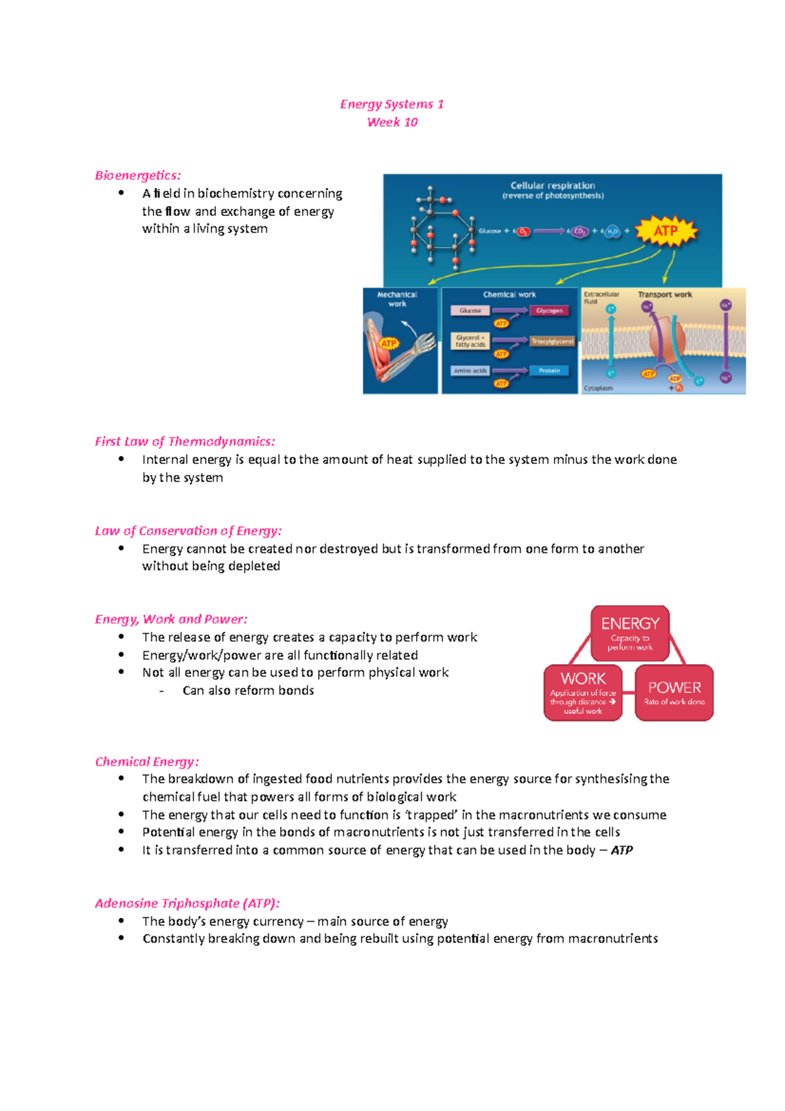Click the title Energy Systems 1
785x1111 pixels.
coord(392,104)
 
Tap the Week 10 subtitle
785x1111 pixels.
coord(392,122)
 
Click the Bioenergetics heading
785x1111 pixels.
coord(137,175)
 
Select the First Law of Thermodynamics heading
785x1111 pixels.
coord(184,442)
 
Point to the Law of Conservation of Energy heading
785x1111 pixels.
coord(188,531)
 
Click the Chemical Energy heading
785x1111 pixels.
coord(147,762)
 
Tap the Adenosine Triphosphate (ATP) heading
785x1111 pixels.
coord(187,904)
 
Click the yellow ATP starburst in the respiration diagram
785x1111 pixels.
coord(666,231)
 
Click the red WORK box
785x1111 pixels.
coord(583,693)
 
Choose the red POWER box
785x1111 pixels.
coord(674,693)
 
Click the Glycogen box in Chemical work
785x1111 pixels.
coord(549,311)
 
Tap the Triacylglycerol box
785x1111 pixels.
coord(552,342)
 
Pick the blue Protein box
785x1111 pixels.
coord(549,371)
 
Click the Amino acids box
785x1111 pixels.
coord(470,371)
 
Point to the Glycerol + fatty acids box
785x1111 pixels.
coord(470,341)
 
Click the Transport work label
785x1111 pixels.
coord(665,295)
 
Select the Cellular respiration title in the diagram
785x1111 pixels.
coord(553,186)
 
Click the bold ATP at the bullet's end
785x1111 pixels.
coord(621,851)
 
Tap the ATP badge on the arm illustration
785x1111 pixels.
coord(389,344)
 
